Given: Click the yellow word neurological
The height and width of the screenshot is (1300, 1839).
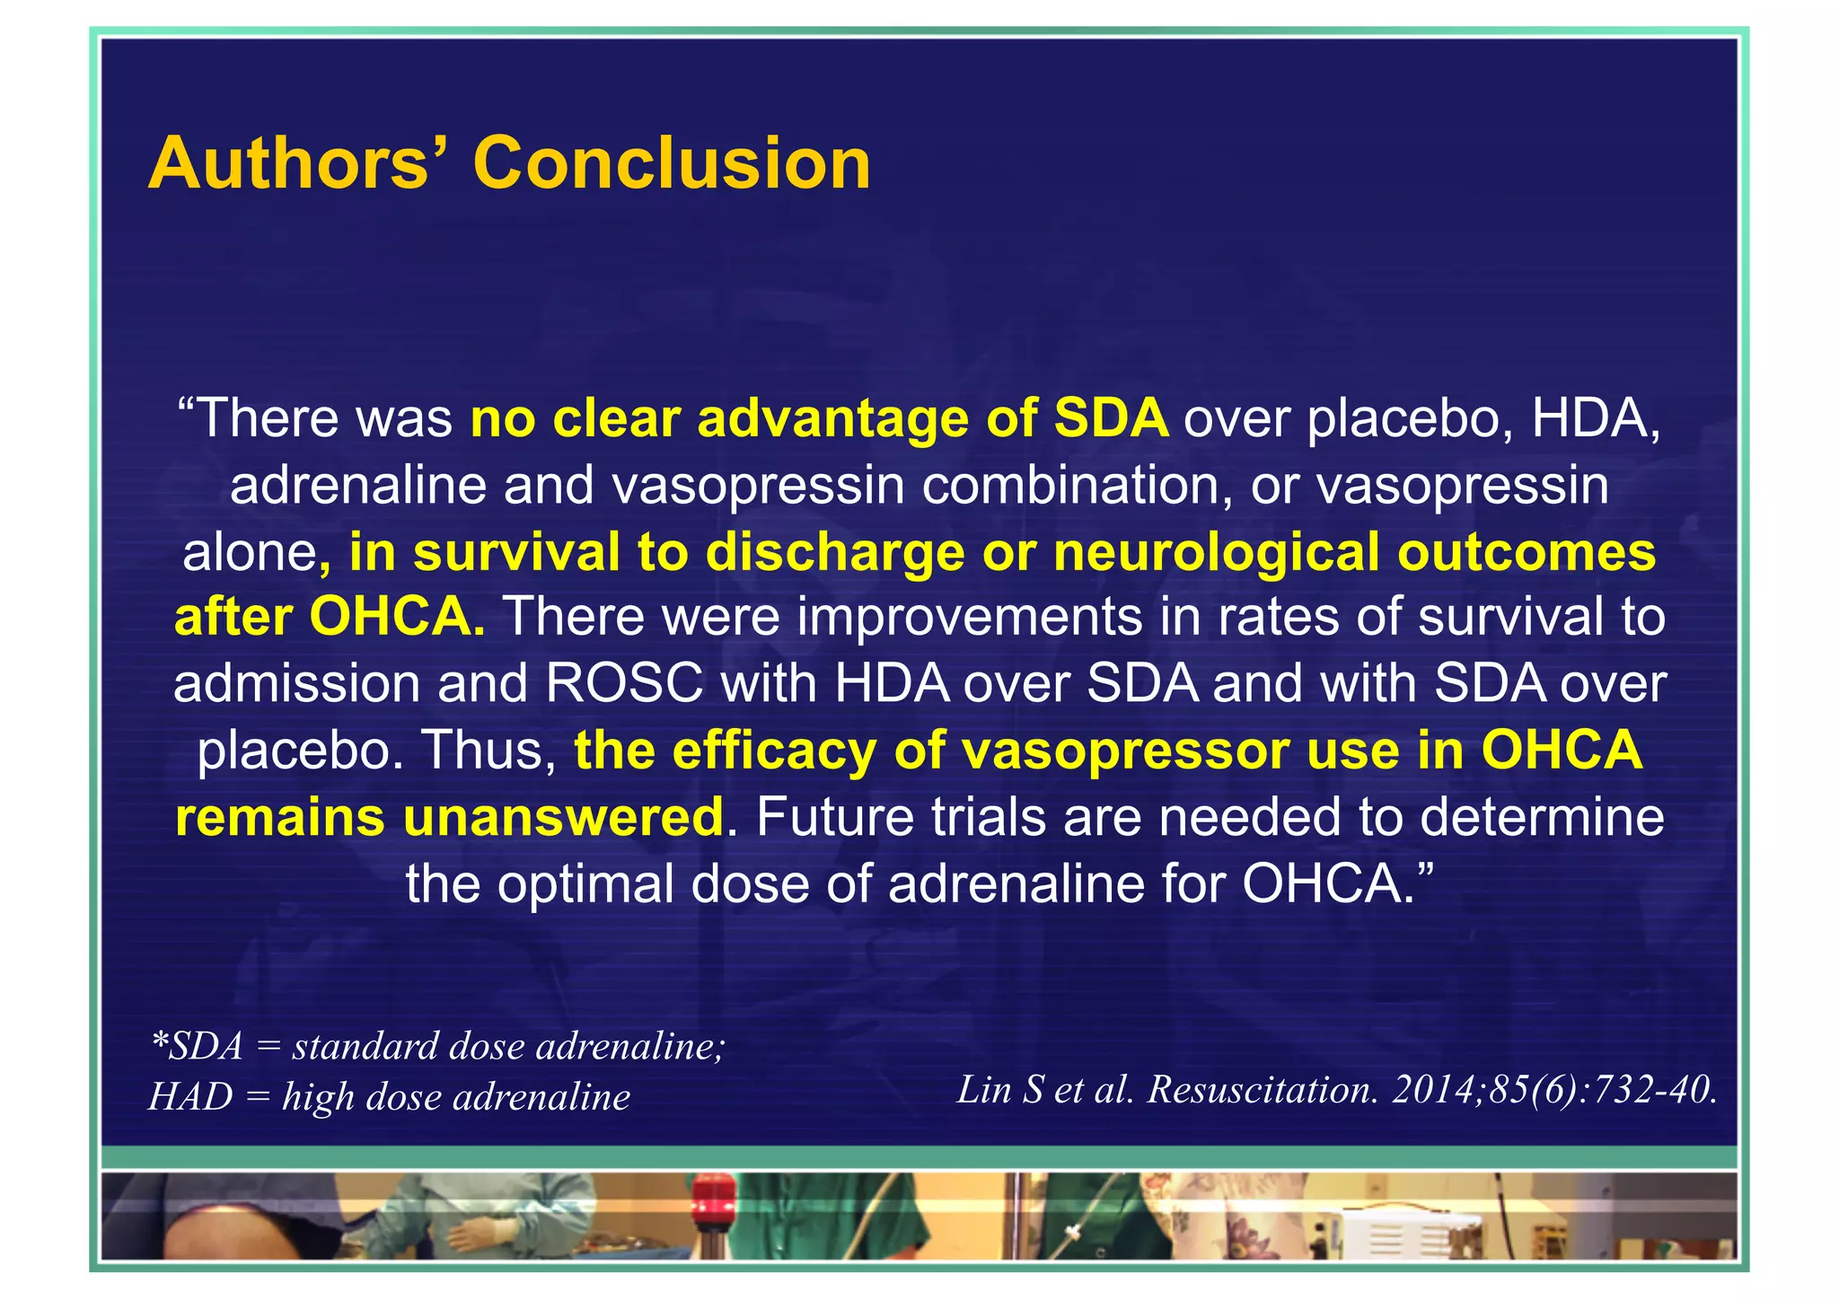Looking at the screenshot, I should coord(1217,552).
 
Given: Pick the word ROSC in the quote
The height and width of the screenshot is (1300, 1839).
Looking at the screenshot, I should coord(624,684).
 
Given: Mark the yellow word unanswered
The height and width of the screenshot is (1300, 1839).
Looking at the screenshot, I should coord(563,818).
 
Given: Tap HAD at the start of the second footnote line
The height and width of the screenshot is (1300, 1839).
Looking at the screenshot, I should coord(190,1097).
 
